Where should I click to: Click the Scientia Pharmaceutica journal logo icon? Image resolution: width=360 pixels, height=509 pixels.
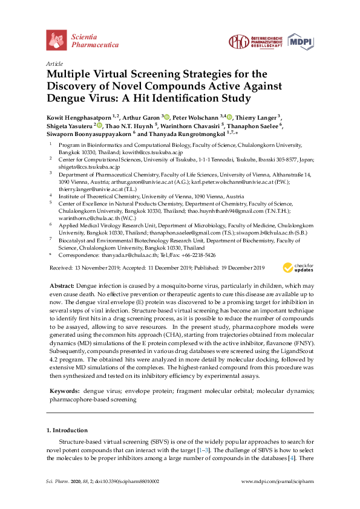coord(56,40)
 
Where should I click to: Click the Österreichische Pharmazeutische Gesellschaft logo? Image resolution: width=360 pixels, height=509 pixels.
coord(255,41)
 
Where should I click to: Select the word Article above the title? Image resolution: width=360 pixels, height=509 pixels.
coord(54,63)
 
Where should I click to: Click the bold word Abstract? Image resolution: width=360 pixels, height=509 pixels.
coord(61,285)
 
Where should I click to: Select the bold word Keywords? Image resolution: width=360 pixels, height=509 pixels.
coord(63,392)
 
